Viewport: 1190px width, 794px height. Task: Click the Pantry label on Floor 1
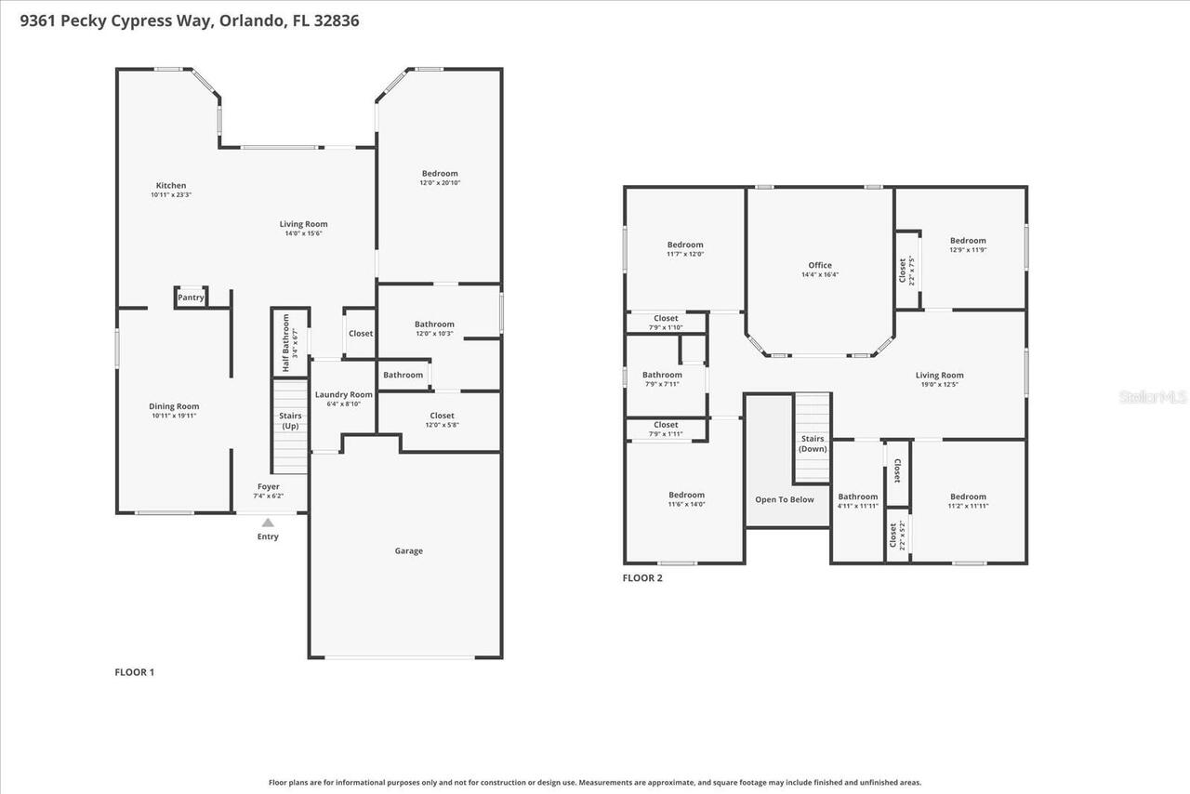pos(191,298)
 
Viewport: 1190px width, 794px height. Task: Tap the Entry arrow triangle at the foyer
pos(268,523)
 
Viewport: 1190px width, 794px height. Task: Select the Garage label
pos(408,551)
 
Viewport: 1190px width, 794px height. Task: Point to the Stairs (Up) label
pos(290,420)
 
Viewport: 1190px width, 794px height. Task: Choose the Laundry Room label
pos(343,395)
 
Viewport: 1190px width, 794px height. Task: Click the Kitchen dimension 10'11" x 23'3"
pos(170,195)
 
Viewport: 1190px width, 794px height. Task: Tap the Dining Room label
pos(174,406)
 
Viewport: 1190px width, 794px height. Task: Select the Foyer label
pos(268,486)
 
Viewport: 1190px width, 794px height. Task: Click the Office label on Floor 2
pos(820,265)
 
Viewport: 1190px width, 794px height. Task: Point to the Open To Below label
pos(784,499)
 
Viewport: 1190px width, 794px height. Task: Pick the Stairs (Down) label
pos(813,443)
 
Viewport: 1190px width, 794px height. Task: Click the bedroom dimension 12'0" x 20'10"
pos(440,183)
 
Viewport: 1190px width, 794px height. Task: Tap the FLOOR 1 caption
pos(134,671)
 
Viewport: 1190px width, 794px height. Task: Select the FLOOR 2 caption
pos(642,577)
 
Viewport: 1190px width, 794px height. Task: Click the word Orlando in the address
pos(251,20)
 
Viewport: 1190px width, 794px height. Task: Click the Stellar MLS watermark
pos(1153,397)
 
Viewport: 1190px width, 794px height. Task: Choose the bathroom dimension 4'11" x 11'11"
pos(857,507)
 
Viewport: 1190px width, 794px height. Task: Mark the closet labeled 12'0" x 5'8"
pos(442,425)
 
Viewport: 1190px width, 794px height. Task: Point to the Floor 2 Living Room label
pos(939,375)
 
